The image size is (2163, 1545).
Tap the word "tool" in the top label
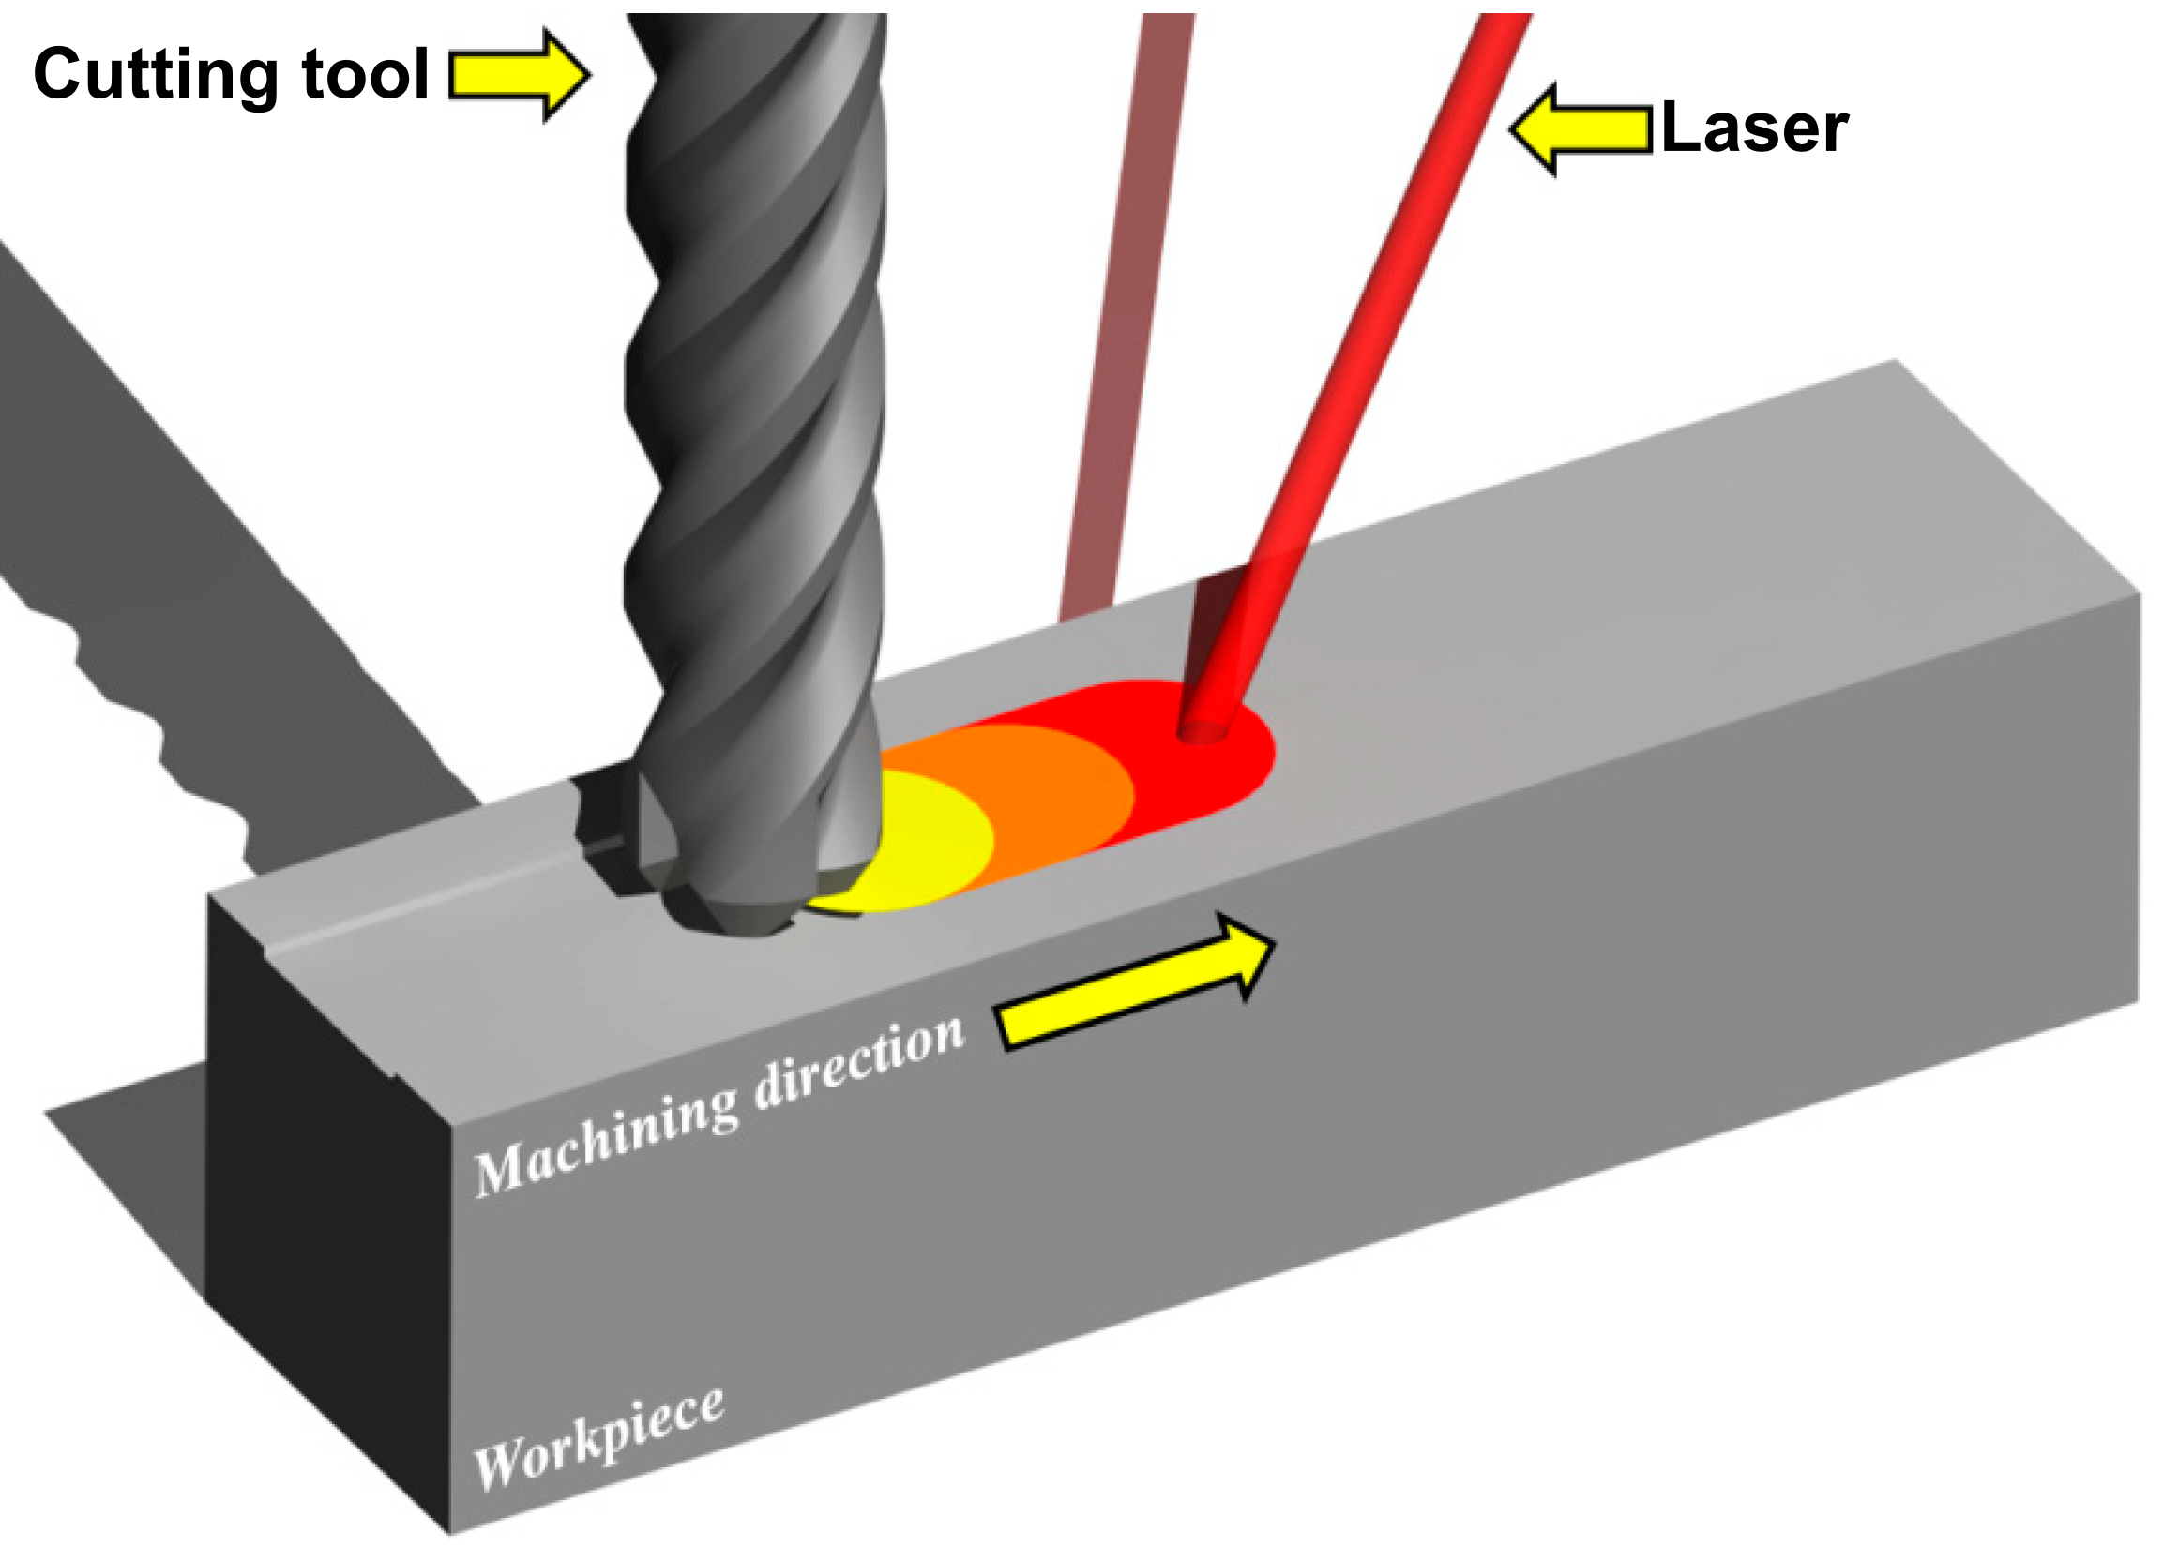pyautogui.click(x=367, y=74)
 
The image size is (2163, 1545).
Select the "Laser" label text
pyautogui.click(x=1753, y=128)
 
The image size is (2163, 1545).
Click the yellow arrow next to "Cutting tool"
pyautogui.click(x=519, y=74)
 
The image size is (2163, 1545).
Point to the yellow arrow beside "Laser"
pyautogui.click(x=1580, y=129)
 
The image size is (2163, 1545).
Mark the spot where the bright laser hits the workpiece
pyautogui.click(x=1202, y=730)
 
